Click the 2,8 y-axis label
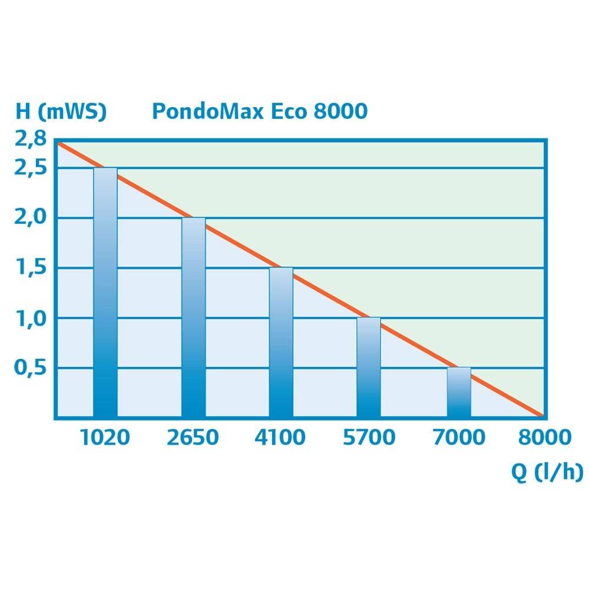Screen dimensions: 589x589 pos(28,140)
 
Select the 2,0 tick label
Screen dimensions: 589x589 pos(28,218)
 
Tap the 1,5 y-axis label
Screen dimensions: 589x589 pos(28,268)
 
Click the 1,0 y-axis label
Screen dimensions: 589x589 pos(28,318)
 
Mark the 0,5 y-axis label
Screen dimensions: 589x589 pos(28,368)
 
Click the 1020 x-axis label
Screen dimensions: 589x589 pos(105,438)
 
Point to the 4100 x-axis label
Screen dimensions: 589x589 pos(281,438)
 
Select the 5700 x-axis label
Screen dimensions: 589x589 pos(369,438)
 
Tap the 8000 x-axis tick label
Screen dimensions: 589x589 pos(545,438)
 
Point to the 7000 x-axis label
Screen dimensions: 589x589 pos(459,438)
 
